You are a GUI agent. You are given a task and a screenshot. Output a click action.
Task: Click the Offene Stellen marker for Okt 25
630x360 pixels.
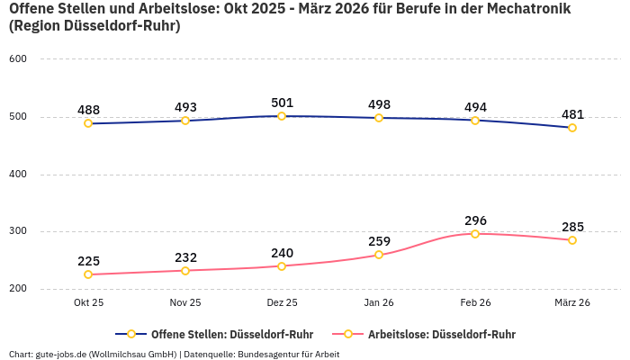coord(88,123)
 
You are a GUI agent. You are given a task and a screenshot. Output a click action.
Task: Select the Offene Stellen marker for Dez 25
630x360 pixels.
coord(282,116)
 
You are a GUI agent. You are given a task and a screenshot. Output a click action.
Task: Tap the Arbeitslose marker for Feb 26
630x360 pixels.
coord(475,234)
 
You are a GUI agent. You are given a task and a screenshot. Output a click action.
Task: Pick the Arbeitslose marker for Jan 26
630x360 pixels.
coord(379,255)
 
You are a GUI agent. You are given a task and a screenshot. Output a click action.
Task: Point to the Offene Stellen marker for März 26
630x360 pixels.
coord(572,128)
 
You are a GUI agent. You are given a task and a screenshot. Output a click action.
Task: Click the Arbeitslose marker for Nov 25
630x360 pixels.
coord(185,271)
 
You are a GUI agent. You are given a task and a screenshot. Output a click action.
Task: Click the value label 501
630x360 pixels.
coord(282,102)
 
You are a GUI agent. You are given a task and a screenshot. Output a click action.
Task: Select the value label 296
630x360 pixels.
coord(475,220)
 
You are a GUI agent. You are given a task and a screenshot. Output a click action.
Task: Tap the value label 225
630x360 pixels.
coord(88,261)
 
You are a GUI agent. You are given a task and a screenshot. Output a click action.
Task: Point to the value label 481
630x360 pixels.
coord(572,114)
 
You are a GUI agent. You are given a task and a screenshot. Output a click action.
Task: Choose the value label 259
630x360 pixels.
coord(379,241)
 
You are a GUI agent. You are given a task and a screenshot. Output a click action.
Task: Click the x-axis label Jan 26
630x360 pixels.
coord(379,303)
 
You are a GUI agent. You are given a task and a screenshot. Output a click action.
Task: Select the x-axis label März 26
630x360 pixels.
coord(572,303)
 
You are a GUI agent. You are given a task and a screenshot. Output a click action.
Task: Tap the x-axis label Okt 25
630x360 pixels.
coord(88,303)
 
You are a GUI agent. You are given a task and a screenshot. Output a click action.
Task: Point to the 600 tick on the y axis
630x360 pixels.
coord(18,59)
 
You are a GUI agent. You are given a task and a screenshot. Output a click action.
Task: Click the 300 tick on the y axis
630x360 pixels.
coord(18,231)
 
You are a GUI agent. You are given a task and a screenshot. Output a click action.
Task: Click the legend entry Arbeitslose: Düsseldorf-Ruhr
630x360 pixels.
coord(441,334)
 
